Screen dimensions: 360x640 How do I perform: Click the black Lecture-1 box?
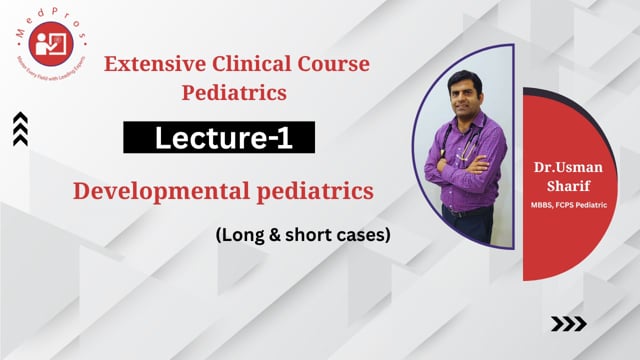[219, 138]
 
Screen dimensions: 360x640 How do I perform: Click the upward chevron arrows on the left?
[20, 128]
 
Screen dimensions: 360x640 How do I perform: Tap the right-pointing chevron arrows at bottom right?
[569, 323]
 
